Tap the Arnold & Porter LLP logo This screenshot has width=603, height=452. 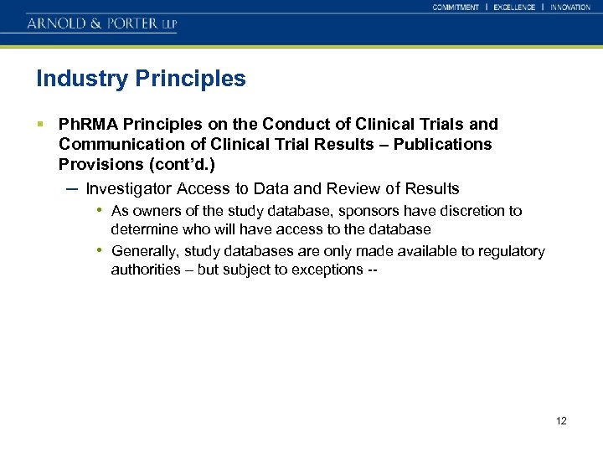point(101,23)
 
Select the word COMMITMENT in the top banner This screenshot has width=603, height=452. point(456,7)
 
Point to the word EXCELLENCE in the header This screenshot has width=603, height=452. point(514,7)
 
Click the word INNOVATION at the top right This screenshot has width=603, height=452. point(570,7)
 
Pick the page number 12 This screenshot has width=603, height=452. point(561,420)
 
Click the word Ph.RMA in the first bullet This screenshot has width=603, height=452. point(83,125)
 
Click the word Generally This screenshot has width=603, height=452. point(145,251)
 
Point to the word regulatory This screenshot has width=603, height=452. point(513,251)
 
